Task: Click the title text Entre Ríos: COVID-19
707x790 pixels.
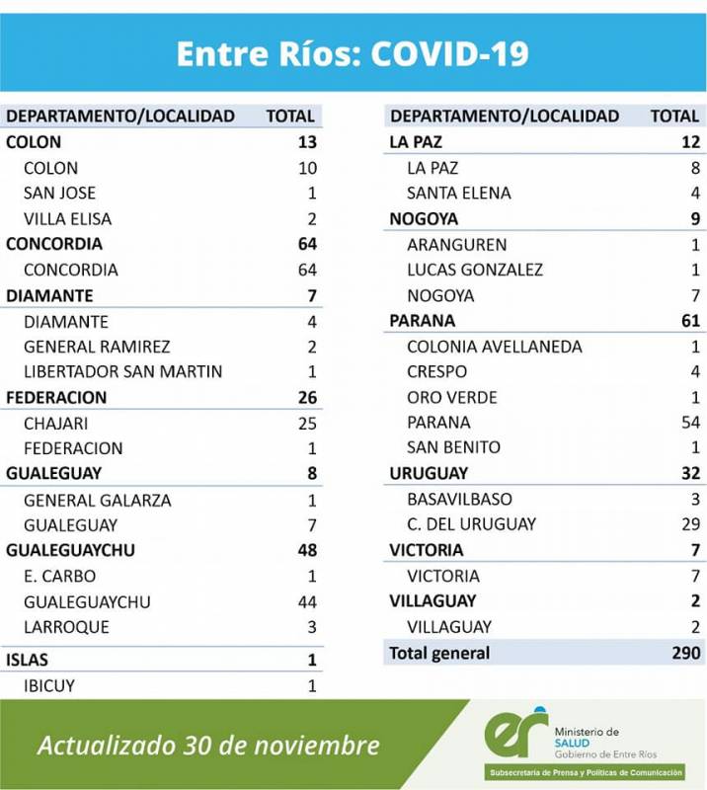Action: [x=353, y=53]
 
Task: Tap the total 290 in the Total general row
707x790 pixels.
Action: [x=685, y=653]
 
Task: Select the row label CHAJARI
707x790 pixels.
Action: [x=57, y=423]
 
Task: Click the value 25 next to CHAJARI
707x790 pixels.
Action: [x=306, y=423]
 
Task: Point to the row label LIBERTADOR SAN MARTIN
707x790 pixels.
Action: [x=122, y=371]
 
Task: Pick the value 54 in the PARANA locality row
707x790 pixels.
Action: [x=689, y=423]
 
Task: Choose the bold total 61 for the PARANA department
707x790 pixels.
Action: [x=689, y=321]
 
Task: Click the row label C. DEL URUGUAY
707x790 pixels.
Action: [x=471, y=524]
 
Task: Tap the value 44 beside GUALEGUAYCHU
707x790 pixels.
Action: [x=306, y=601]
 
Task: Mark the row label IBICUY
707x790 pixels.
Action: [x=49, y=685]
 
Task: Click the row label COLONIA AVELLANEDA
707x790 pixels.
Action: [x=494, y=347]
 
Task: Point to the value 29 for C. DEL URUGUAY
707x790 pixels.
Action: [x=689, y=524]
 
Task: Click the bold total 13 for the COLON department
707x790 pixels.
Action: [x=306, y=142]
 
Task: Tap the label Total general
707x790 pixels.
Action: [x=439, y=653]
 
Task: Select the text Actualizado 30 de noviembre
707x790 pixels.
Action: [x=208, y=745]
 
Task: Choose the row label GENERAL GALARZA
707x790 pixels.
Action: [x=97, y=500]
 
